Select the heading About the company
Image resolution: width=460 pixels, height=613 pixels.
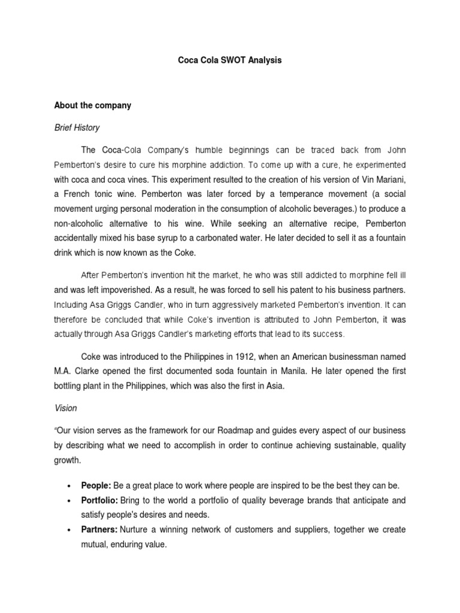point(92,105)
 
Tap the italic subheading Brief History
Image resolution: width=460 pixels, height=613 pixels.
point(77,128)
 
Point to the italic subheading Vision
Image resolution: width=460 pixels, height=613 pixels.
point(65,408)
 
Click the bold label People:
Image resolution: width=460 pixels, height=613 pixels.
point(98,485)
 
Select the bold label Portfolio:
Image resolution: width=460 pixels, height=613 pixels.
point(101,500)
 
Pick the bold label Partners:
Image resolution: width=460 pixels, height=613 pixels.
point(100,530)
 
